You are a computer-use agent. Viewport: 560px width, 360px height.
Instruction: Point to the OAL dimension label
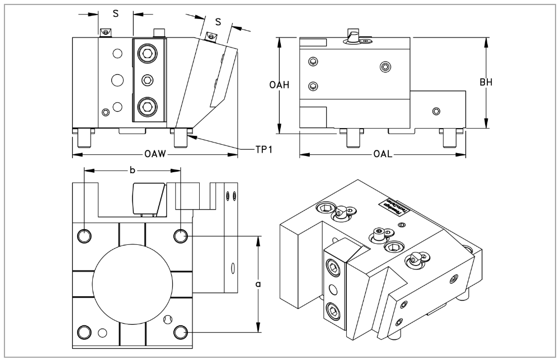[x=383, y=154]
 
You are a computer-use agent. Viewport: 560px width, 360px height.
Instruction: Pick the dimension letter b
[x=132, y=170]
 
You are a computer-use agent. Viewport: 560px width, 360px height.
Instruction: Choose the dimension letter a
[x=258, y=285]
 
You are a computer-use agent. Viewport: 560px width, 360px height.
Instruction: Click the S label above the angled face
[x=218, y=22]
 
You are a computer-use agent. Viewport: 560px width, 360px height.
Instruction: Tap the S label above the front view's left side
[x=115, y=14]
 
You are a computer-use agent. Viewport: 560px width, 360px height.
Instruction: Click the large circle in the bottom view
[x=131, y=284]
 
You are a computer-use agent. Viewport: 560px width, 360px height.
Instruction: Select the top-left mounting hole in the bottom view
[x=83, y=236]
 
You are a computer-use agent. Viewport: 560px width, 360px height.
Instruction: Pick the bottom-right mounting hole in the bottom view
[x=180, y=333]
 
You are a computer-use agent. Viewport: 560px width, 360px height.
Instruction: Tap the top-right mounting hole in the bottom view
[x=180, y=236]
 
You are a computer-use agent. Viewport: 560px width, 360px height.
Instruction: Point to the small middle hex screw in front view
[x=148, y=79]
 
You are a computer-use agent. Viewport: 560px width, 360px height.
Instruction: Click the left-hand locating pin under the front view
[x=84, y=138]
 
